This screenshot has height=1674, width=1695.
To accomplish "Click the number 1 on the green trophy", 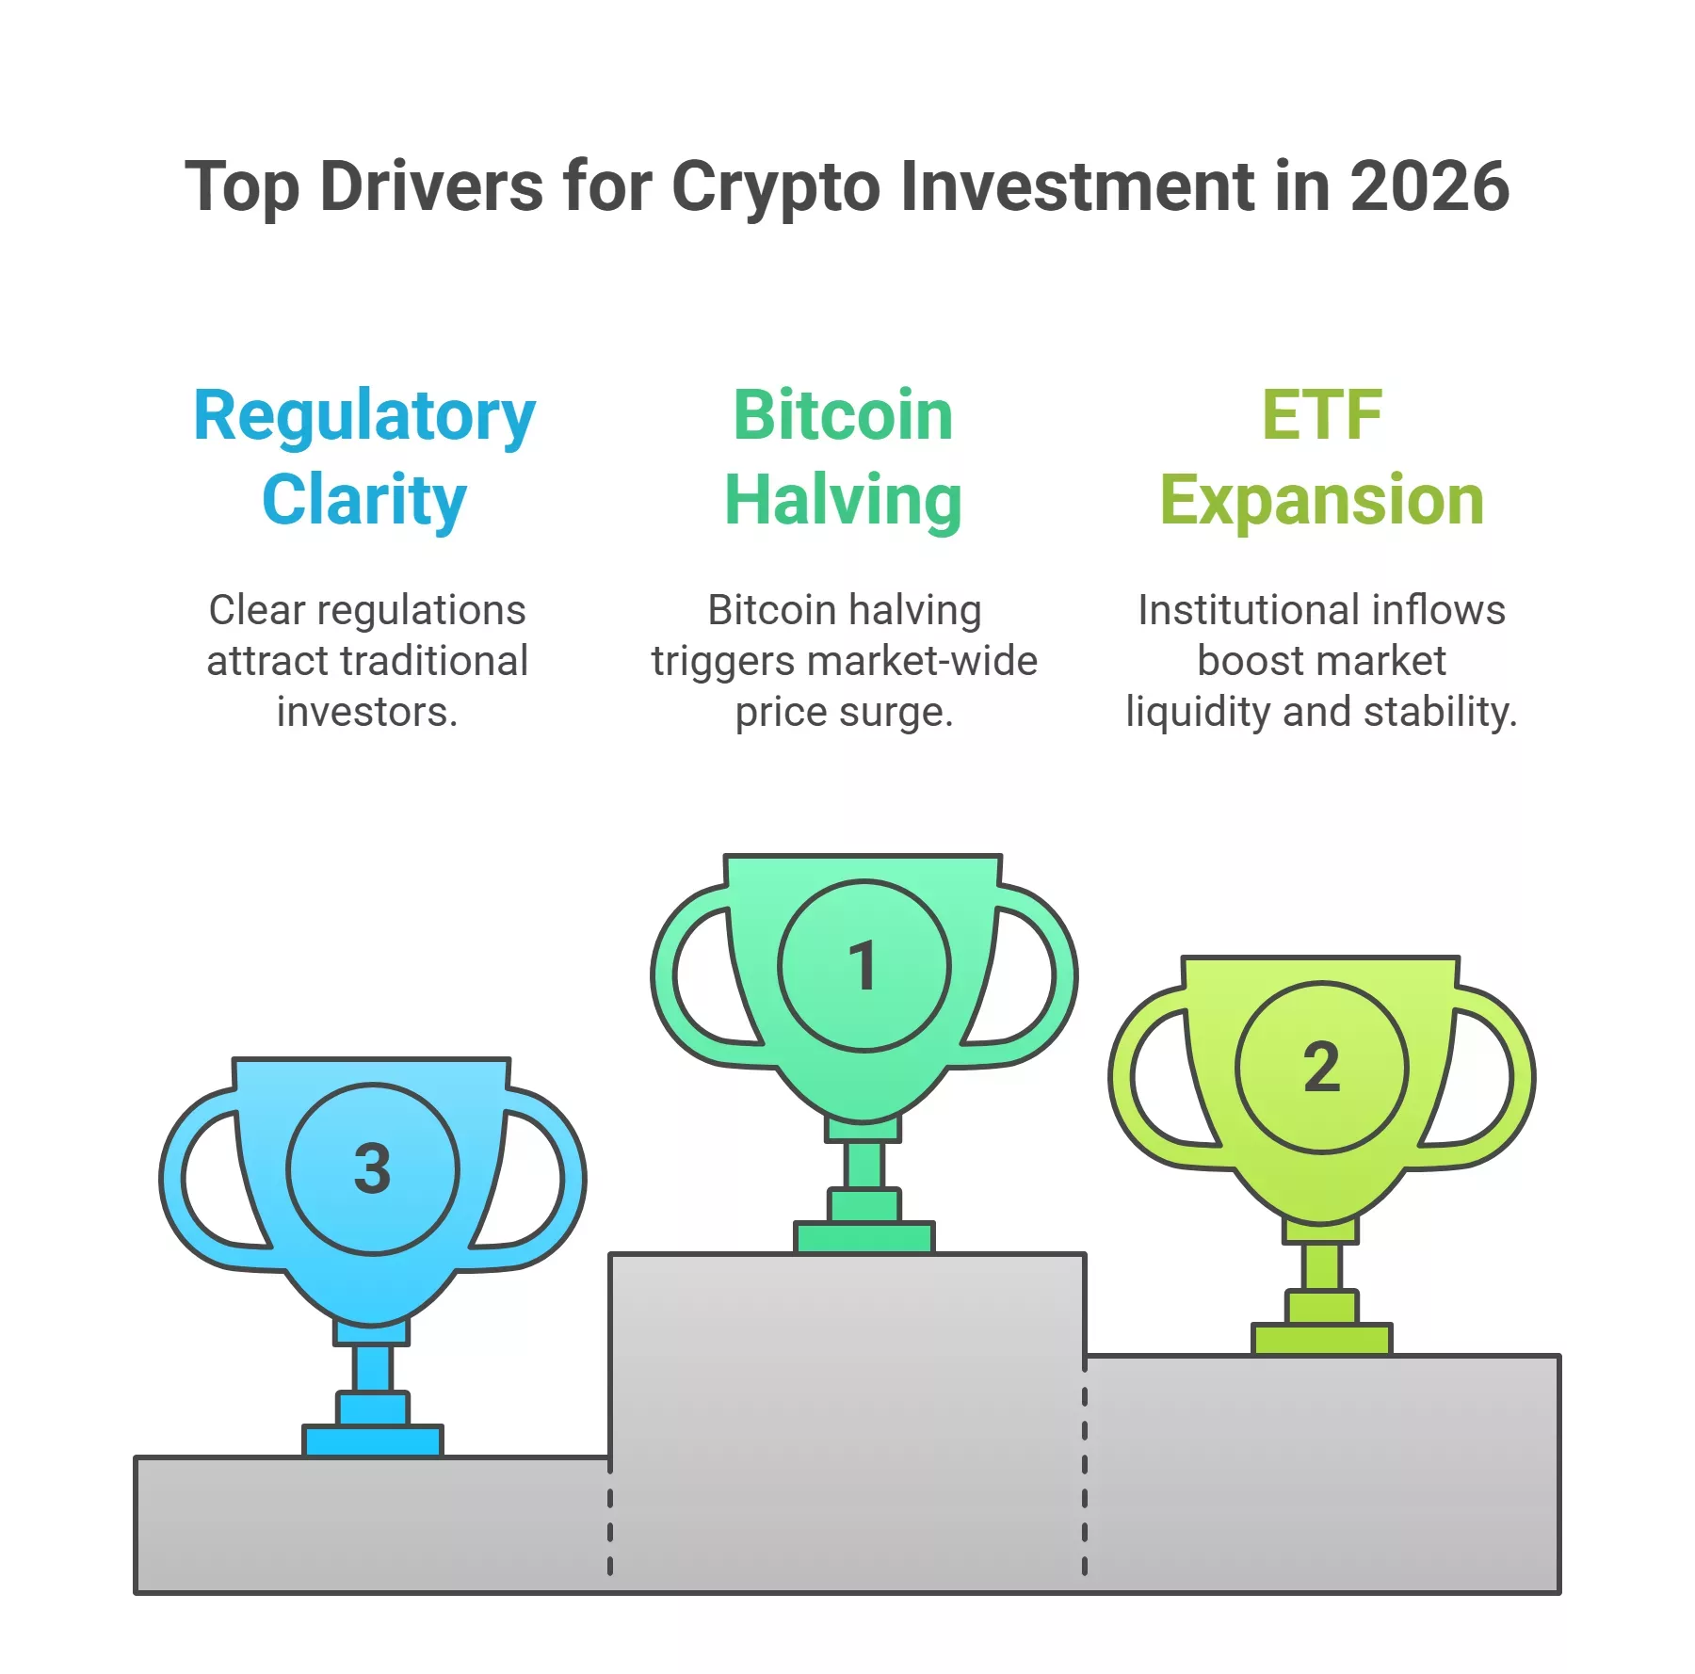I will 863,966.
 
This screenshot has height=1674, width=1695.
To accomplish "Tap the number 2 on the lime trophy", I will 1321,1068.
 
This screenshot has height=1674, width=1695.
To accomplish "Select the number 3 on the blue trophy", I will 372,1168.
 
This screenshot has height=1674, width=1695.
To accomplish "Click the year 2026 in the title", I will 1429,186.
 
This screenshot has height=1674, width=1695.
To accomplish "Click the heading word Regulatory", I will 364,416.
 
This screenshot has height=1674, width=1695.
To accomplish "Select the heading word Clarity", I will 364,500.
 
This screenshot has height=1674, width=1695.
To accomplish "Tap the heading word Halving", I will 843,500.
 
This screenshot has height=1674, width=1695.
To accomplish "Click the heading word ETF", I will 1322,415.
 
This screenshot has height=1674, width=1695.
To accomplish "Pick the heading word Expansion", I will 1322,500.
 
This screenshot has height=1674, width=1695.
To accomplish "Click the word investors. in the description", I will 367,713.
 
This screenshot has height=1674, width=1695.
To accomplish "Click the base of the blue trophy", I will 373,1441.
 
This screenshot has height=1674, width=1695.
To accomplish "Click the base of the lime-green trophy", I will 1321,1339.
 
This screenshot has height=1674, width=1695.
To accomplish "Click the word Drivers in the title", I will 431,186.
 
